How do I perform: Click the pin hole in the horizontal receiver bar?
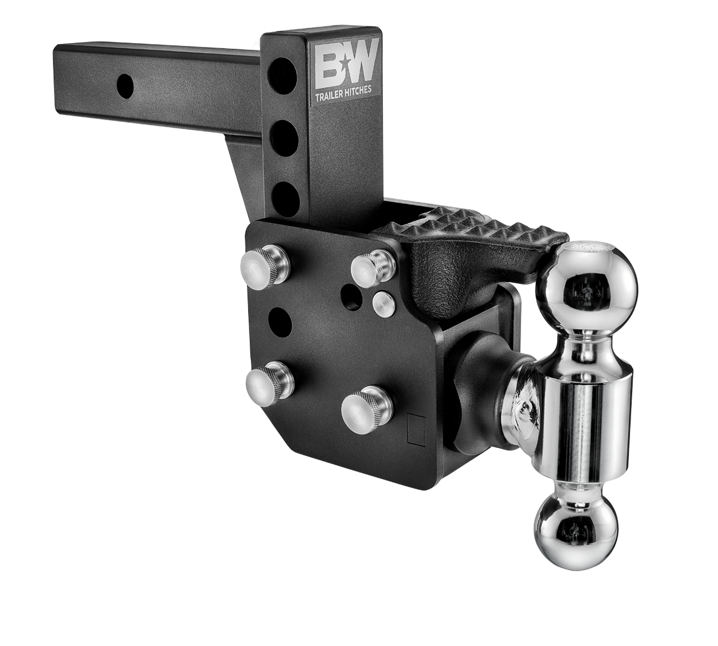(x=127, y=84)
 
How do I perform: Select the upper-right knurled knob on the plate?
(x=372, y=265)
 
